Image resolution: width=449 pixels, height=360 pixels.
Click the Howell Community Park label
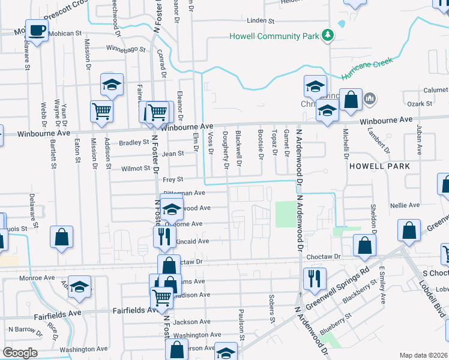click(x=274, y=36)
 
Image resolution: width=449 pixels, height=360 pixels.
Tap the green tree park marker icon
click(x=328, y=36)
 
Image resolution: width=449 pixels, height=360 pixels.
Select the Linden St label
click(x=261, y=20)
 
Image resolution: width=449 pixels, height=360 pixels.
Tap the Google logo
click(x=20, y=352)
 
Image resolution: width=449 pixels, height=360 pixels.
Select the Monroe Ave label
click(x=36, y=278)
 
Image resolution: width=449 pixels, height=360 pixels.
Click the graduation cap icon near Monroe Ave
click(x=79, y=287)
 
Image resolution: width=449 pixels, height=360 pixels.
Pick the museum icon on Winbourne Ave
click(x=370, y=98)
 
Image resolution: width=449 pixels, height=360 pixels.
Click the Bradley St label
click(x=133, y=143)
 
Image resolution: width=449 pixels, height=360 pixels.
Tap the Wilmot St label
click(x=134, y=169)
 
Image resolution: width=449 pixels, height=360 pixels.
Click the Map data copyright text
click(x=423, y=355)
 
